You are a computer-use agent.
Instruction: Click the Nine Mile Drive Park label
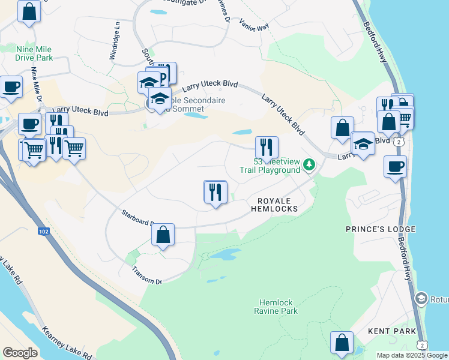pos(35,53)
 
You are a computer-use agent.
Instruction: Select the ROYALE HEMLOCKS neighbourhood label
pos(277,204)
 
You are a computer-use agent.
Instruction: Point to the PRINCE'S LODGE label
pos(372,229)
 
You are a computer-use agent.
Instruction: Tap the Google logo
pos(20,353)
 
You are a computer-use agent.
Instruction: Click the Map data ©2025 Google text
pos(412,355)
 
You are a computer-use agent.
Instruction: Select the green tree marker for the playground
pos(309,164)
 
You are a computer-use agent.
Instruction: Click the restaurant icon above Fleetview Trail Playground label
pos(267,146)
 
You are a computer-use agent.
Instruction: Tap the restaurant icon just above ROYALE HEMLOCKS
pos(215,192)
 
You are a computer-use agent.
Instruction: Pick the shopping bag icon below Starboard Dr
pos(163,235)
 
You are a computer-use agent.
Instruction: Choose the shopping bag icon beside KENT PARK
pos(342,343)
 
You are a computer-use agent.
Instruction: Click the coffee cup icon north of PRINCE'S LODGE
pos(395,166)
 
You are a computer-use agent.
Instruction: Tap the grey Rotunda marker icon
pos(421,299)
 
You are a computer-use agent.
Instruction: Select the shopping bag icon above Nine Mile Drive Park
pos(29,11)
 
